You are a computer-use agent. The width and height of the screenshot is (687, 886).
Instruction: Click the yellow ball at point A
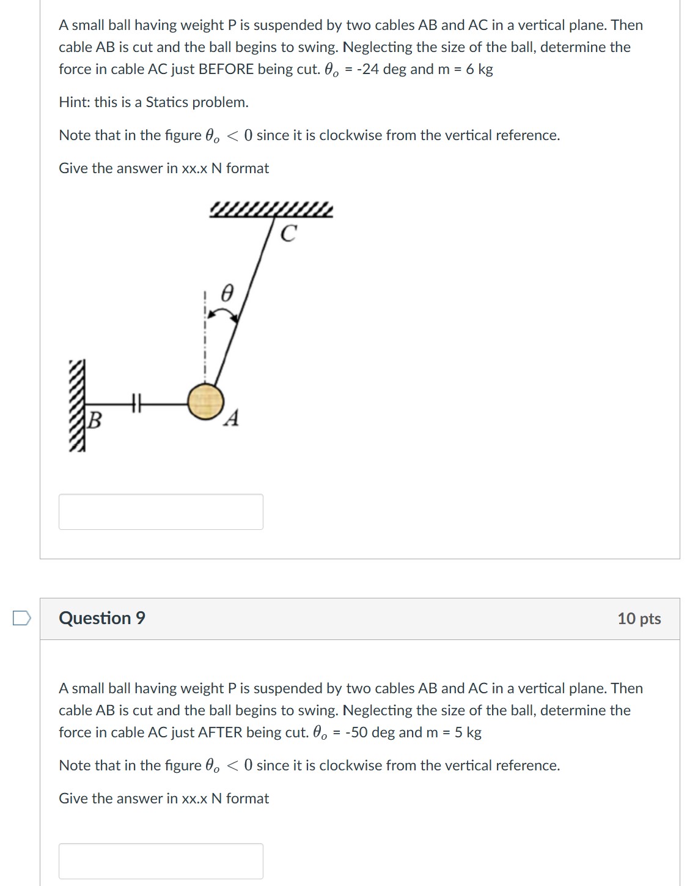pyautogui.click(x=205, y=402)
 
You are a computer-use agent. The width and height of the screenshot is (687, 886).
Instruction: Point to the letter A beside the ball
pyautogui.click(x=232, y=419)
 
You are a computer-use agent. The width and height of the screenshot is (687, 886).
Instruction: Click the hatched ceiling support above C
pyautogui.click(x=271, y=210)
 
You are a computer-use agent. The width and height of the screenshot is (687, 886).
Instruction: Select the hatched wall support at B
pyautogui.click(x=77, y=405)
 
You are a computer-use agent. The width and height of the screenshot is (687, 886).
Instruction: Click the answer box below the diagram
pyautogui.click(x=161, y=512)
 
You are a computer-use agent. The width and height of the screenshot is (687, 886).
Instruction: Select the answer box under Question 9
pyautogui.click(x=161, y=861)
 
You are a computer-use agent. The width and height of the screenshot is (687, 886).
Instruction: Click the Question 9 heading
pyautogui.click(x=102, y=618)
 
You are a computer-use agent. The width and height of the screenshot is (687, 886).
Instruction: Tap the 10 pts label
pyautogui.click(x=639, y=619)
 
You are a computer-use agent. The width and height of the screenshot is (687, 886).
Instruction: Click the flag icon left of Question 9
pyautogui.click(x=21, y=619)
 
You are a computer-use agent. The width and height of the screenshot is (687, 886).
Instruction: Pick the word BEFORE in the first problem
pyautogui.click(x=226, y=69)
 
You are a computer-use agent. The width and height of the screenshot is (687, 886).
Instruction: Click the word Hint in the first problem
pyautogui.click(x=73, y=102)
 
